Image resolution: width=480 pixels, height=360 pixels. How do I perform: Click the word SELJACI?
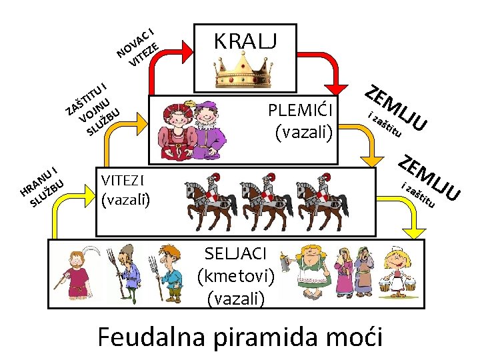point(237,253)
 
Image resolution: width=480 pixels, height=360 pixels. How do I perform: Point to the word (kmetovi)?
point(237,276)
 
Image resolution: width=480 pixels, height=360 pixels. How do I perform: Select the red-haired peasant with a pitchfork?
point(166,272)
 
